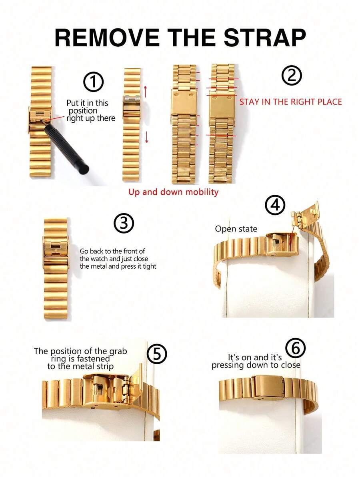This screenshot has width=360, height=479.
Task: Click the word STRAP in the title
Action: [264, 38]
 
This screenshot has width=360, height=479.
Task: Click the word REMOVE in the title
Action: [107, 38]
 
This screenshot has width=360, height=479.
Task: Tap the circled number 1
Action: [93, 82]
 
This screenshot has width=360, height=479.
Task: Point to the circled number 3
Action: [124, 224]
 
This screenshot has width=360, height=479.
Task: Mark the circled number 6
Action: [296, 349]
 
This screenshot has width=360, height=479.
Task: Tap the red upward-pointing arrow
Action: [146, 91]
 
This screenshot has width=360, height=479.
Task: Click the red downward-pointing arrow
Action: [147, 137]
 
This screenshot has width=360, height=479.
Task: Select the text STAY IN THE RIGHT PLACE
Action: [291, 102]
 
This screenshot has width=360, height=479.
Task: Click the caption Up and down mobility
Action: [173, 192]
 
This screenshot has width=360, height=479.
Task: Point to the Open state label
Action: [236, 229]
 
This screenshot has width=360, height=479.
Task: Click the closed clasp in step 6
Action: [268, 386]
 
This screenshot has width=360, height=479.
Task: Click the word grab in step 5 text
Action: [118, 351]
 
